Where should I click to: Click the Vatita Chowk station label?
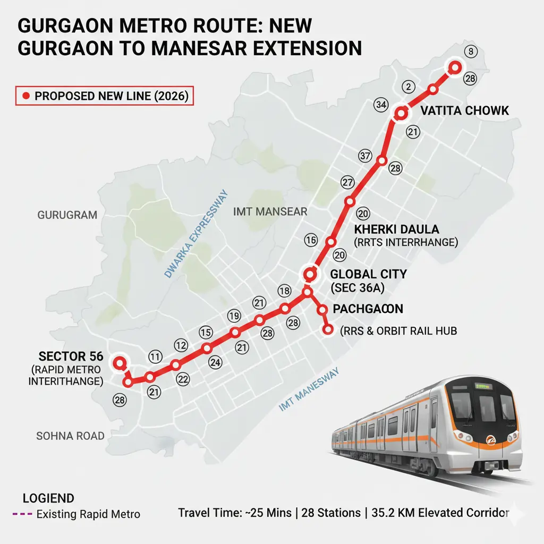464,110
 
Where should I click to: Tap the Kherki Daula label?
396,229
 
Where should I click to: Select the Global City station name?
368,274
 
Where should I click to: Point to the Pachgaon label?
368,309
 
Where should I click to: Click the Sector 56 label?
71,356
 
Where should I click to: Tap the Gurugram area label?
67,215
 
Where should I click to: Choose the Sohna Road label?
70,436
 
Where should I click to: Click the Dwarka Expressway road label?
195,234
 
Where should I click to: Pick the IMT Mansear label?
270,211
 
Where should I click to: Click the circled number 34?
380,105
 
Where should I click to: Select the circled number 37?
364,156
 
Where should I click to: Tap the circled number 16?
311,240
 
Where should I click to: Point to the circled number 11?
155,357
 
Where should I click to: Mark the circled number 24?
215,363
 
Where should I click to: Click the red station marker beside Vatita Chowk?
401,113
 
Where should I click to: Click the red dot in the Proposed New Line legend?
25,97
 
